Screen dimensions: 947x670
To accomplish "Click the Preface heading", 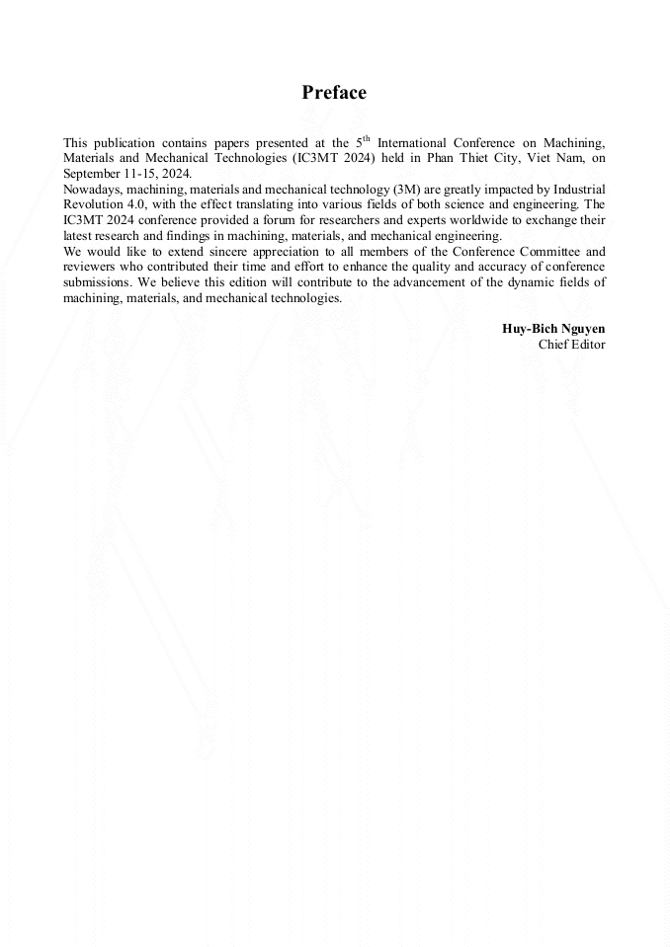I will pyautogui.click(x=334, y=93).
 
